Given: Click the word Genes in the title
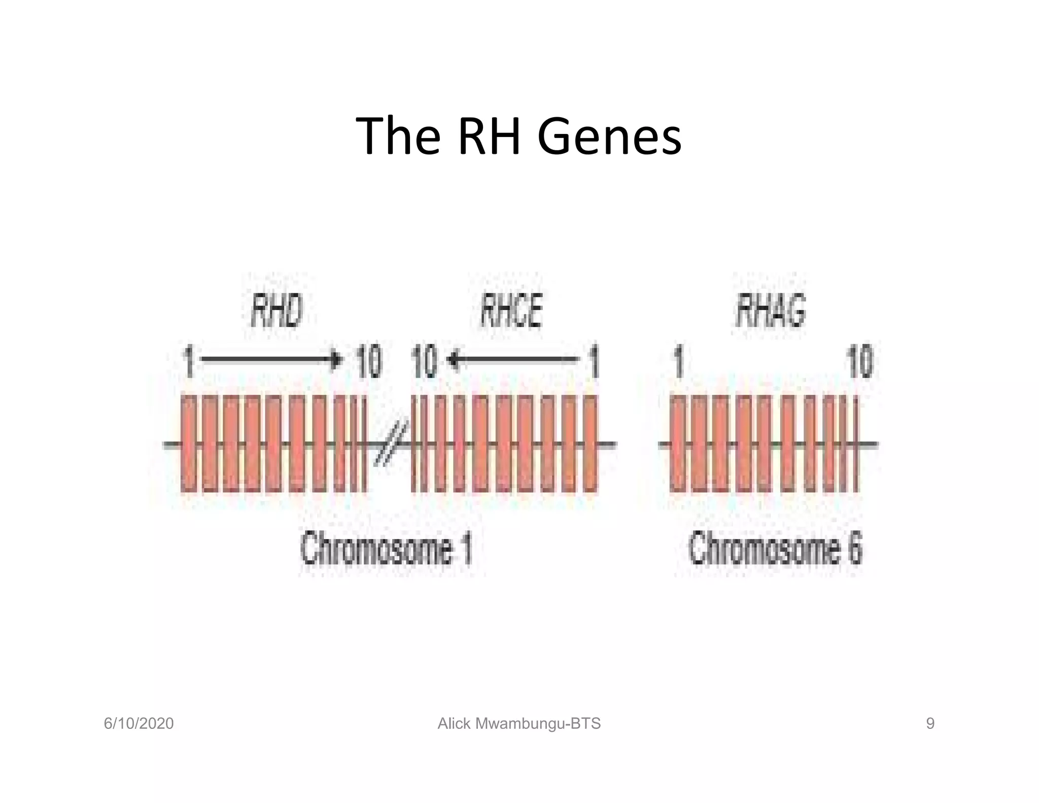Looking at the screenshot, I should (x=609, y=136).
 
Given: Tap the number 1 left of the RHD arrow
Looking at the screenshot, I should (x=189, y=361).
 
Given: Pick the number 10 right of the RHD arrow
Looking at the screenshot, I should (x=368, y=361).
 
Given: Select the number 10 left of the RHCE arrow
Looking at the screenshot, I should (x=424, y=361).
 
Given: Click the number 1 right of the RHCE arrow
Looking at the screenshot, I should (x=594, y=361).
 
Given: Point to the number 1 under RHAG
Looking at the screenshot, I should (x=679, y=361).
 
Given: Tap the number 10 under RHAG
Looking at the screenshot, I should (x=859, y=361).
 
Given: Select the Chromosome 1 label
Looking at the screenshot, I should (x=387, y=548).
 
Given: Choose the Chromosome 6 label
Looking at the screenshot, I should (x=775, y=548).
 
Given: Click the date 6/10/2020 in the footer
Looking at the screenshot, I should (x=138, y=723).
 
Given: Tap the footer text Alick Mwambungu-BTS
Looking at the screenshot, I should (x=519, y=723).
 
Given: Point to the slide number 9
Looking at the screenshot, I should (x=930, y=723).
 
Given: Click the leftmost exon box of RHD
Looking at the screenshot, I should (x=189, y=444).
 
